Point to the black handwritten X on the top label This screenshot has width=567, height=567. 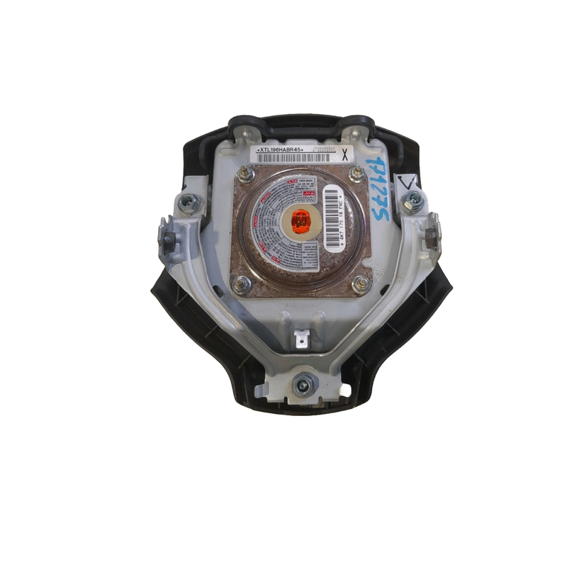point(344,153)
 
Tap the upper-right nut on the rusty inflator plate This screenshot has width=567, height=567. point(356,174)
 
